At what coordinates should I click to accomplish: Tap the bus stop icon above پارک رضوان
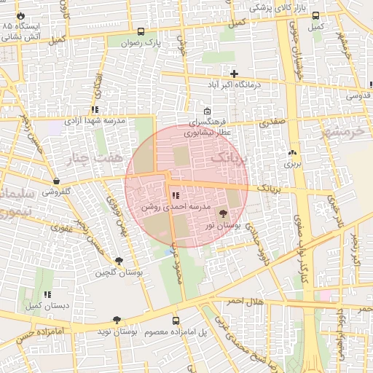pos(141,31)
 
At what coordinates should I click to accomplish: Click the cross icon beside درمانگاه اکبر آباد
pos(234,74)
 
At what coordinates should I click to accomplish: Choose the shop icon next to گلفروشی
pos(56,181)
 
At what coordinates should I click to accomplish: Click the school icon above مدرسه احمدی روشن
pos(175,195)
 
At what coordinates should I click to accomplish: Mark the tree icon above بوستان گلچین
pos(119,260)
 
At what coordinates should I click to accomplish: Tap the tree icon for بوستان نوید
pos(117,320)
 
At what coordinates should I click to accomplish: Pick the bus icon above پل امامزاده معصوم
pos(175,321)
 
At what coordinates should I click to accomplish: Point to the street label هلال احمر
pos(243,301)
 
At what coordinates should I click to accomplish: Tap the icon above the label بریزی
pos(292,153)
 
